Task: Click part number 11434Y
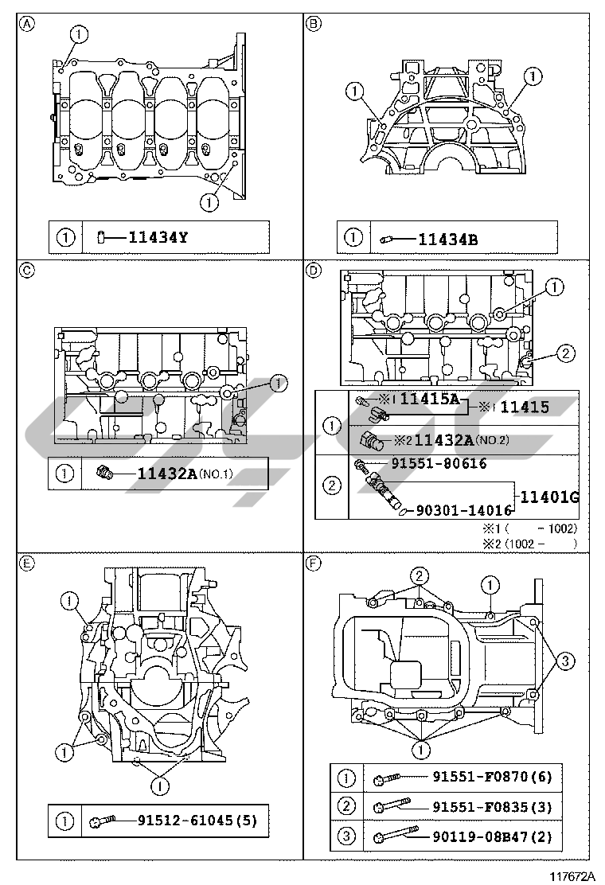[161, 237]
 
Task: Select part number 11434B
[447, 237]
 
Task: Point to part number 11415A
[430, 400]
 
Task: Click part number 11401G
[548, 497]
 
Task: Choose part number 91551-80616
[438, 463]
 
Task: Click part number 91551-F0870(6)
[492, 777]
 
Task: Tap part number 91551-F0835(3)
[492, 806]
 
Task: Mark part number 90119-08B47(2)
[492, 836]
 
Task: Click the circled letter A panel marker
[26, 23]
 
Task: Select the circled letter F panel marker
[313, 563]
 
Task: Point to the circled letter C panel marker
[26, 270]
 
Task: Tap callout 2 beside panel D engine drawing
[563, 353]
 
